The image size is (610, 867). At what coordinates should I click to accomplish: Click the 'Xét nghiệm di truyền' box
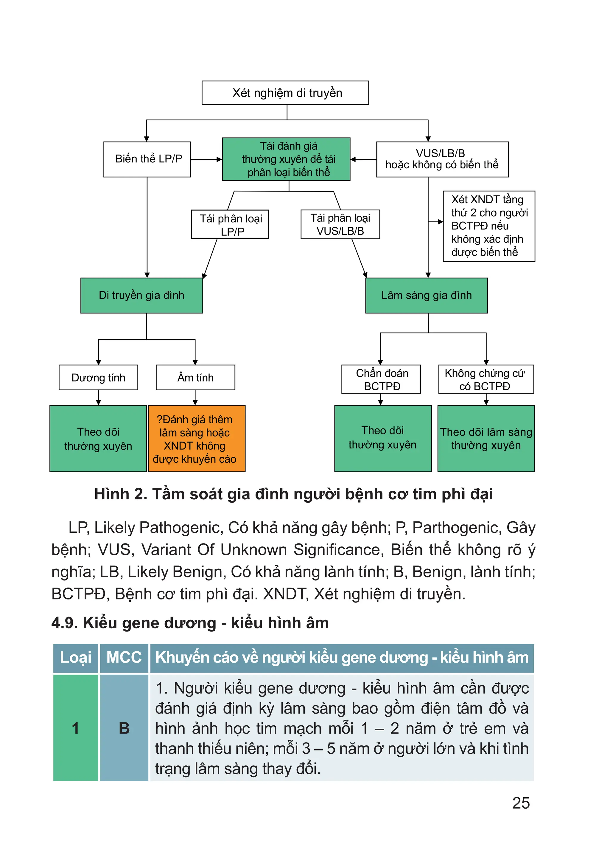click(285, 93)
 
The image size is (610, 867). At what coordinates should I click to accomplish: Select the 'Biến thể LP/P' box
click(147, 159)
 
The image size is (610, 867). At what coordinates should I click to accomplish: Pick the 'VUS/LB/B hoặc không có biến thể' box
click(442, 159)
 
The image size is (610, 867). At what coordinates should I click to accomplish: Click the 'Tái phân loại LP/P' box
click(230, 224)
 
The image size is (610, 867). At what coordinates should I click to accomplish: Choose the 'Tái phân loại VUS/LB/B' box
click(340, 224)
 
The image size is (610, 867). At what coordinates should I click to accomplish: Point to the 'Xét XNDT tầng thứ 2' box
click(488, 226)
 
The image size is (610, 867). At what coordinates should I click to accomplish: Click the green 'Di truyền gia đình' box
click(141, 295)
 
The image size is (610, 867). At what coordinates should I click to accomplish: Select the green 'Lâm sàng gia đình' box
click(426, 295)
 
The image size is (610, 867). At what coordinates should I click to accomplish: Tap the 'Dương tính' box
click(98, 377)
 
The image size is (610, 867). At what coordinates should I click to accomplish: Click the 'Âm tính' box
click(195, 377)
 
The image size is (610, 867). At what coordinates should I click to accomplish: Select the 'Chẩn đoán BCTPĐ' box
click(381, 379)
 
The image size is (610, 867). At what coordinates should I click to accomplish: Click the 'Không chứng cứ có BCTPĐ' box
click(486, 379)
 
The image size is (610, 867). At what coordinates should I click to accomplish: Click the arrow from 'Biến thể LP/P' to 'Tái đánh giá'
click(206, 159)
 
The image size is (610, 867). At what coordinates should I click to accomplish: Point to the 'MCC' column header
click(124, 658)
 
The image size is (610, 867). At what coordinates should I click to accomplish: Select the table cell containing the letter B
click(124, 728)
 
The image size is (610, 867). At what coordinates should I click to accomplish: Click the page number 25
click(521, 803)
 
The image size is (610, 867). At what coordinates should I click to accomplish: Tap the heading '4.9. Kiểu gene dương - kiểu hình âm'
click(190, 623)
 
